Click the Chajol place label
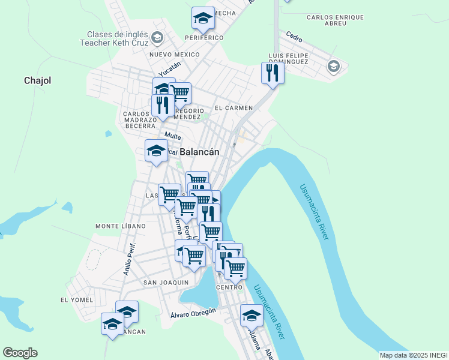point(37,80)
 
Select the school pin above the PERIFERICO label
point(203,18)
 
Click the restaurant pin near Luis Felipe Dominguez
point(273,73)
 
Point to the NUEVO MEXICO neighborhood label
point(174,55)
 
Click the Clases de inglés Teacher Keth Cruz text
point(114,39)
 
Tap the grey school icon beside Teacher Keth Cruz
point(157,38)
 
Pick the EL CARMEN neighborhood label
point(234,108)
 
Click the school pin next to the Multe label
point(156,150)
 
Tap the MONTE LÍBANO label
point(120,226)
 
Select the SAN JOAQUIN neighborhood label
point(166,282)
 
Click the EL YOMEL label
point(77,299)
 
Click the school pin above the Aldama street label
point(252,315)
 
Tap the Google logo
point(20,353)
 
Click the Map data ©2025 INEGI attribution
point(414,355)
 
